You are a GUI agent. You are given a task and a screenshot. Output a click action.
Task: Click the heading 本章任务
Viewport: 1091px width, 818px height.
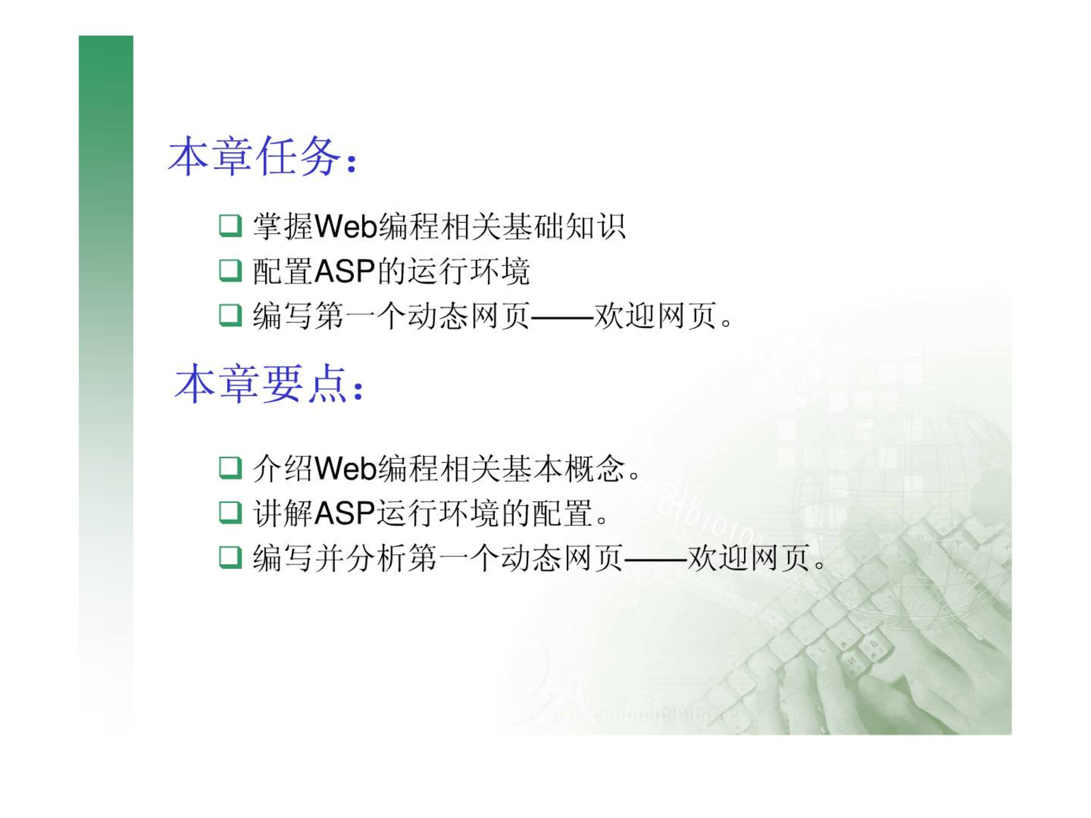click(x=255, y=156)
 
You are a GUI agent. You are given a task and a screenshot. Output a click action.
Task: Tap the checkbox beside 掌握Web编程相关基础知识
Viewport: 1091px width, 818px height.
click(x=230, y=226)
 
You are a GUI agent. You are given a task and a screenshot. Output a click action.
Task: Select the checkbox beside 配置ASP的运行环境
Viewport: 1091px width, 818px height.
click(x=230, y=270)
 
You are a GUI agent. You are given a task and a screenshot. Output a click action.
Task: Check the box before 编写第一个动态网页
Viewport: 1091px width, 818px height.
click(x=230, y=315)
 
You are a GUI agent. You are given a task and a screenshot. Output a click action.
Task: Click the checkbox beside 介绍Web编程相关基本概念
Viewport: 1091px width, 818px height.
click(x=230, y=468)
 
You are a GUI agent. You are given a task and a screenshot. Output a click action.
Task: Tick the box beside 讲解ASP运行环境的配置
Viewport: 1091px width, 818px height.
click(x=230, y=512)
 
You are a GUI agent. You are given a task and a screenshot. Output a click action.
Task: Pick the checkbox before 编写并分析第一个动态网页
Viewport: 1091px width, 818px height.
click(x=230, y=557)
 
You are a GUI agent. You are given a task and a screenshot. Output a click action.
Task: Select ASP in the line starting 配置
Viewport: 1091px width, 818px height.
click(x=344, y=271)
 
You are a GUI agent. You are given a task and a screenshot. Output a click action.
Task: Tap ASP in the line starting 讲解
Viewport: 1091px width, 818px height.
click(x=344, y=514)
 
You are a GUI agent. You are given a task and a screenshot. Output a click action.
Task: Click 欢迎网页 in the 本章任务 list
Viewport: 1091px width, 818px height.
click(x=655, y=316)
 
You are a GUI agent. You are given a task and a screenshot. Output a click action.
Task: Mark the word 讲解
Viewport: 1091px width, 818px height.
click(x=283, y=513)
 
